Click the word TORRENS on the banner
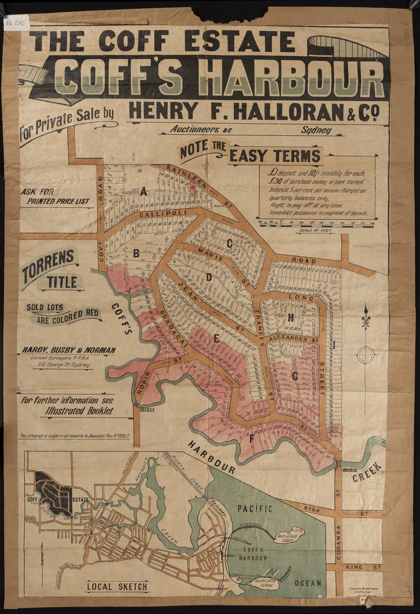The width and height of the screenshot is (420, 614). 48,262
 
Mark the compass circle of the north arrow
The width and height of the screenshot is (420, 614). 365,354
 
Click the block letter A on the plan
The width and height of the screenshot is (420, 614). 144,192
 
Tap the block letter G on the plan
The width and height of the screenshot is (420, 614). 294,377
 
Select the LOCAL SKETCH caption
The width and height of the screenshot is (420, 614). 117,586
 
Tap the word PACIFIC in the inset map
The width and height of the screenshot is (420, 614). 255,509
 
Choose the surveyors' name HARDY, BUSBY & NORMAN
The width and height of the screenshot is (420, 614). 69,350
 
